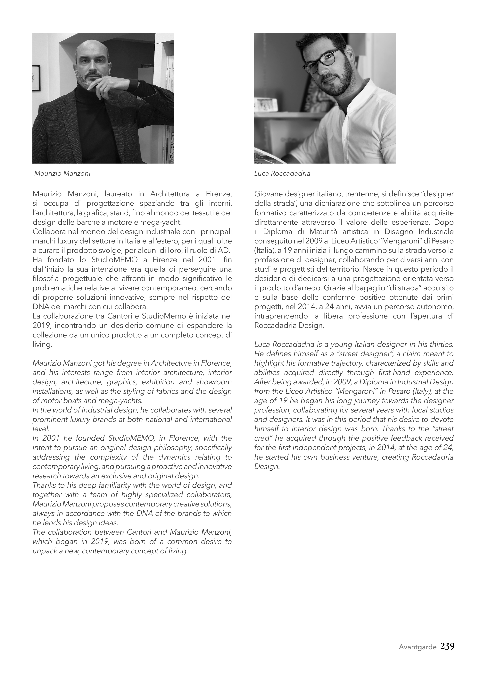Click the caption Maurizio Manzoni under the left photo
[x=62, y=174]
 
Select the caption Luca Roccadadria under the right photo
[x=282, y=174]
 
